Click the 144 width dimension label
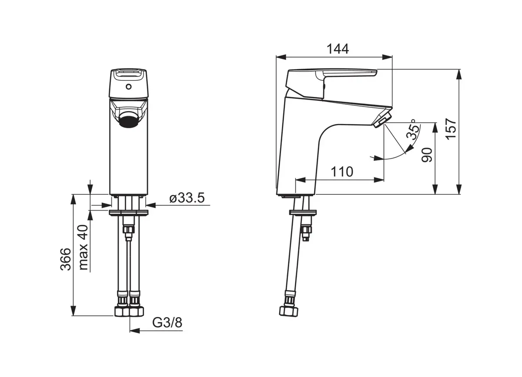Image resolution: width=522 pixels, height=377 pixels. pos(338,49)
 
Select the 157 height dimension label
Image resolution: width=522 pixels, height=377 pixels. pos(451,129)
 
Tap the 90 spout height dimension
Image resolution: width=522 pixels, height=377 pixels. pos(427,155)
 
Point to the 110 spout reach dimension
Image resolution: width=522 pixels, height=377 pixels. pos(342,172)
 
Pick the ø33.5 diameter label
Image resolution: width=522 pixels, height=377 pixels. pos(187,198)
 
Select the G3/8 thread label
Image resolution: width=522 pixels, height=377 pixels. pos(167,323)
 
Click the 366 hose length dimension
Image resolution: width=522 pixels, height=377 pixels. pos(66,259)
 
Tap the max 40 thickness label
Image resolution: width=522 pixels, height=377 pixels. pos(84,247)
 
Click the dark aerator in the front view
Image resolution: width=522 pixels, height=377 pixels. pos(129,120)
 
